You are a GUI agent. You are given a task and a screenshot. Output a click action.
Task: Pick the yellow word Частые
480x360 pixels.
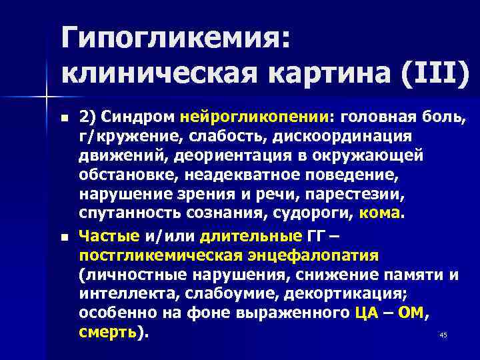[x=109, y=235]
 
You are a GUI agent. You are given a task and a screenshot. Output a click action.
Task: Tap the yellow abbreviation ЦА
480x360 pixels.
[x=368, y=312]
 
